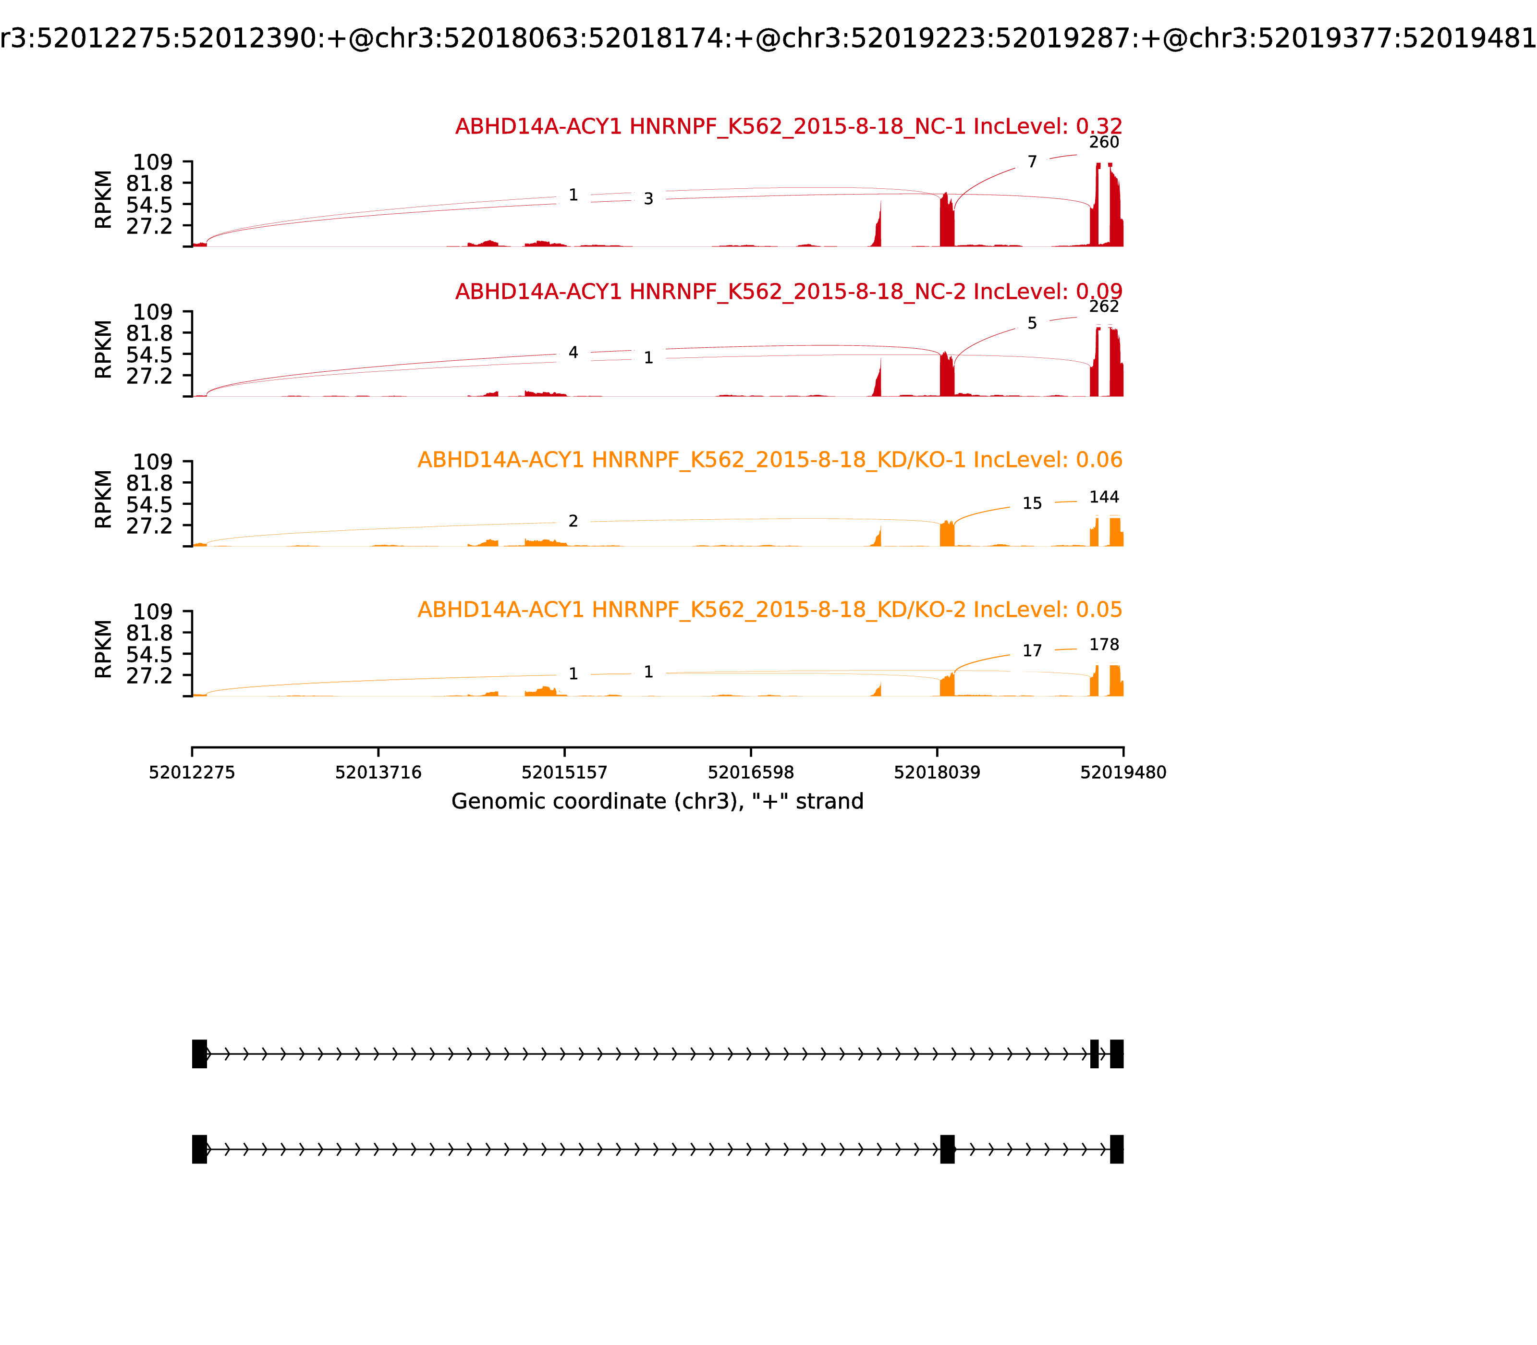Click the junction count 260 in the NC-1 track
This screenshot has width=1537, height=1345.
(x=1103, y=143)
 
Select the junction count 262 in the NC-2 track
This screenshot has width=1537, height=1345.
(x=1103, y=306)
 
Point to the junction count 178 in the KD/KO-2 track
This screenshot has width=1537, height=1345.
(x=1103, y=645)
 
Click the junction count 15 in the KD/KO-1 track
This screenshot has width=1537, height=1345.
(x=1032, y=503)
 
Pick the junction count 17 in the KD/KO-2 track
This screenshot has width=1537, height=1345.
(x=1032, y=651)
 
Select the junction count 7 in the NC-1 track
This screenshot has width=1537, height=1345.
(x=1032, y=162)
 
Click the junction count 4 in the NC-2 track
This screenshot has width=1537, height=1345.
(x=573, y=353)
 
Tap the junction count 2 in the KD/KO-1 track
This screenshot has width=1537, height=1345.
(x=573, y=521)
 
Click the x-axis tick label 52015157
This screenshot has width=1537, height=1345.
(x=564, y=772)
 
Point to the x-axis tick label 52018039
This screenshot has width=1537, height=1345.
(x=937, y=772)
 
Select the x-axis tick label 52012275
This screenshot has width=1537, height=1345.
(x=192, y=772)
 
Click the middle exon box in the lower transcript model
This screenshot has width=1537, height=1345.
(x=947, y=1149)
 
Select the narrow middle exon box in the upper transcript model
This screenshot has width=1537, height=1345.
(x=1094, y=1054)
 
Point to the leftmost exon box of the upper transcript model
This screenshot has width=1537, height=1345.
(x=200, y=1054)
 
